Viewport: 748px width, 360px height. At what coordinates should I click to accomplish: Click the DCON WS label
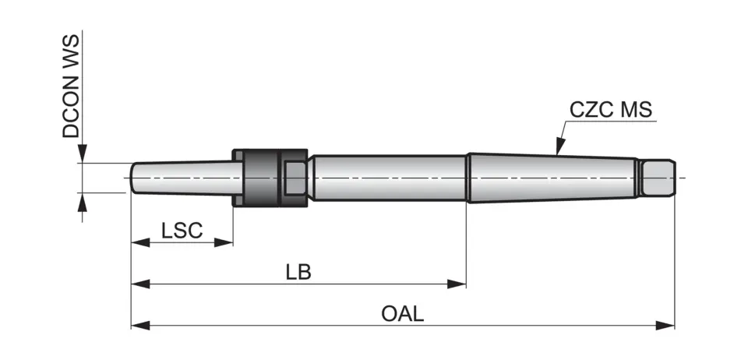(x=72, y=86)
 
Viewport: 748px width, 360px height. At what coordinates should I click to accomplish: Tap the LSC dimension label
(x=182, y=230)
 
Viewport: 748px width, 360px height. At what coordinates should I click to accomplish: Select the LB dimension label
(x=298, y=272)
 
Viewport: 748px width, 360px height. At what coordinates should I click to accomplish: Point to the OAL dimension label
(x=403, y=314)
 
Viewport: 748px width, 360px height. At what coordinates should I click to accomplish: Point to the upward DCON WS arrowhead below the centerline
(x=82, y=199)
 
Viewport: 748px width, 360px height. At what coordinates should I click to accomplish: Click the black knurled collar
(x=262, y=177)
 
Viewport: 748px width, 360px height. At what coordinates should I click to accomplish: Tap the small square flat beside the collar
(x=295, y=178)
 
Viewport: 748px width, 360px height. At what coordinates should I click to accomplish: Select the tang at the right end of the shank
(x=656, y=178)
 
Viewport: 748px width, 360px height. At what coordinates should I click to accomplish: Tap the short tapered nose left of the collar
(x=183, y=178)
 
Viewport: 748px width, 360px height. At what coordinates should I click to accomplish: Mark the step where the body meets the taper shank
(x=467, y=178)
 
